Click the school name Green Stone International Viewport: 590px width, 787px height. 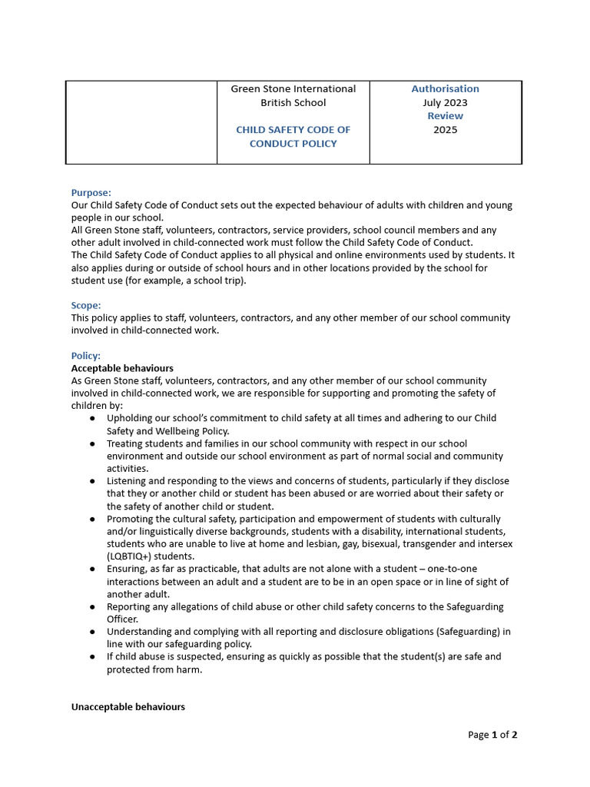coord(293,88)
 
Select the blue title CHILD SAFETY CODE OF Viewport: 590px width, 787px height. coord(293,130)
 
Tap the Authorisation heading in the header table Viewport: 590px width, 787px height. coord(445,88)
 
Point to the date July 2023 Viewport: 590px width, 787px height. coord(445,102)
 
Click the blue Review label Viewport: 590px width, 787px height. coord(445,116)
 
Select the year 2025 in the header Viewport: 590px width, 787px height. coord(445,130)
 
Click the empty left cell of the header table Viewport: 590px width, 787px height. coord(141,122)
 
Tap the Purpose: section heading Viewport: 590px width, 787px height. coord(91,193)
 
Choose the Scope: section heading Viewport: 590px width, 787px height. coord(86,305)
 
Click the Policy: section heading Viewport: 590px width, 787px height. coord(86,356)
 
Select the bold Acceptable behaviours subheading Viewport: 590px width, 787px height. coord(122,368)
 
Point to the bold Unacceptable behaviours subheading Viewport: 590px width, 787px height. coord(128,706)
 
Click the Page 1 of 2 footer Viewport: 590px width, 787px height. coord(492,735)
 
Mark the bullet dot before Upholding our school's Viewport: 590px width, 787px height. coord(93,419)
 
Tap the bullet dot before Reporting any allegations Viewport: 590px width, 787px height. coord(93,607)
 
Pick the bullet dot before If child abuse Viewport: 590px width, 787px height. coord(93,657)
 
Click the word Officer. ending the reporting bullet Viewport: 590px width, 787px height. coord(122,619)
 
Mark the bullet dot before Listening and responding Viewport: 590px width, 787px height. coord(93,482)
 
